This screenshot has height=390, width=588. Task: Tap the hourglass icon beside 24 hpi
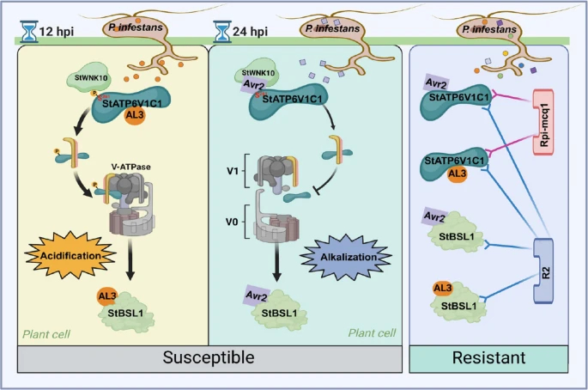click(225, 33)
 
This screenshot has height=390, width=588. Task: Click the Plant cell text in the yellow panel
click(48, 332)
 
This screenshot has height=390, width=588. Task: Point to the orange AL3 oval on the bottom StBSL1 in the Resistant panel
click(443, 289)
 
